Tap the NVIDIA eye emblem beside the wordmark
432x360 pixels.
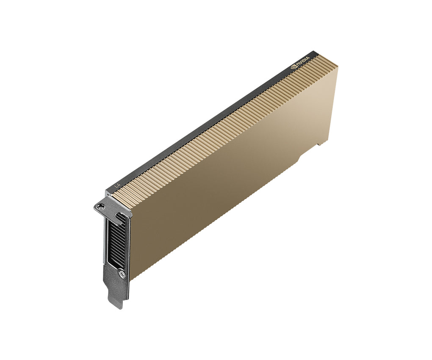click(x=293, y=66)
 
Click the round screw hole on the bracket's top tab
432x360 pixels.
click(x=100, y=207)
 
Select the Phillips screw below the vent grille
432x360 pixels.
click(x=122, y=274)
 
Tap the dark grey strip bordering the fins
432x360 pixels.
click(x=203, y=127)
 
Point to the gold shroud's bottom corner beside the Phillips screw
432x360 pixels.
click(x=130, y=279)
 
